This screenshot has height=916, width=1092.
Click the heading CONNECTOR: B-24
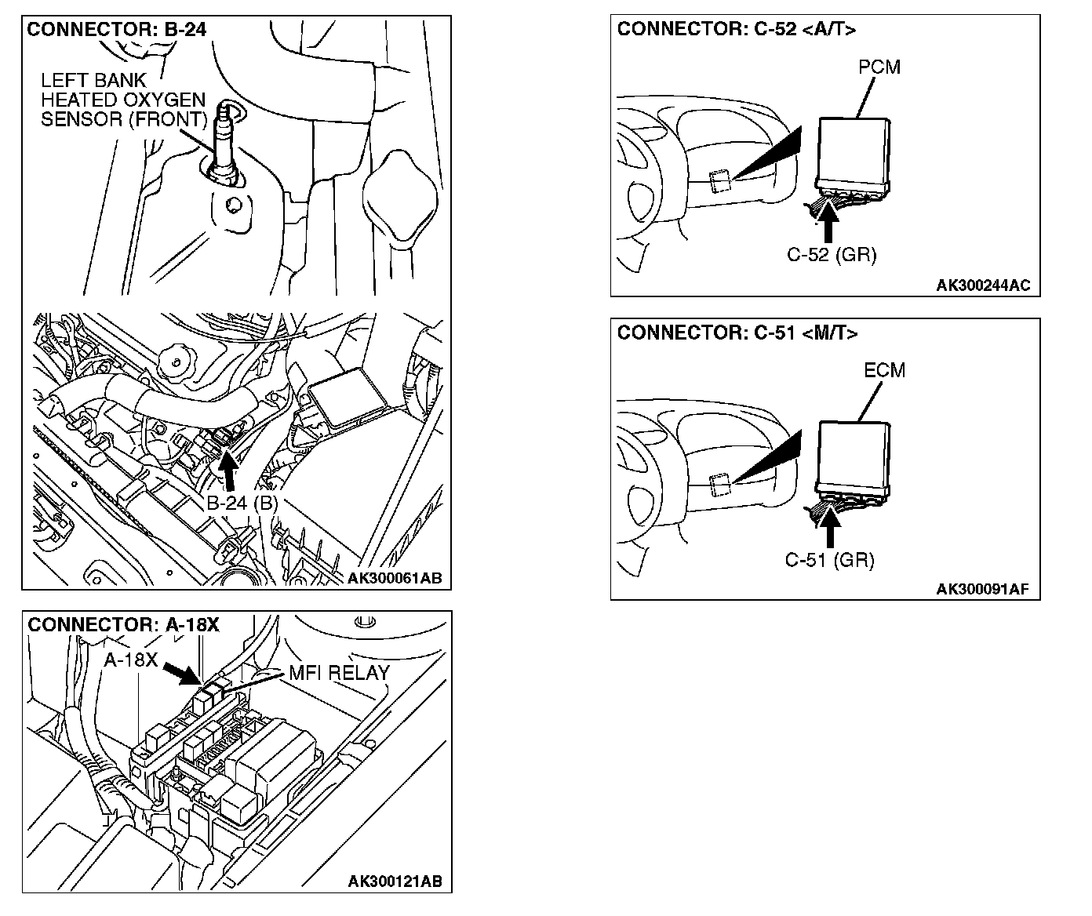click(x=117, y=30)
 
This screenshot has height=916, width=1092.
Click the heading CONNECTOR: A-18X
click(x=123, y=625)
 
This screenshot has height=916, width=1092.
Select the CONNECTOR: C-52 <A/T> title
click(x=737, y=30)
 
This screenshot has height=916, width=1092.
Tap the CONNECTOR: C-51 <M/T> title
click(x=737, y=333)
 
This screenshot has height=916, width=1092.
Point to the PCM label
click(x=879, y=67)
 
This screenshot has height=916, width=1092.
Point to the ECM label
click(x=884, y=370)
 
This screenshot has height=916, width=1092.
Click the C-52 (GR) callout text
click(x=832, y=255)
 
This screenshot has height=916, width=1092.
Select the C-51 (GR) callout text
click(x=829, y=560)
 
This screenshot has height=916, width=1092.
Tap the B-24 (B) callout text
click(x=242, y=503)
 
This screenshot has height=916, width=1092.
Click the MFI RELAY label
click(x=339, y=673)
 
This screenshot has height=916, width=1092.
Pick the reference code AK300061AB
click(x=395, y=579)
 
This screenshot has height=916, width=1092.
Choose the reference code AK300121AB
click(x=395, y=881)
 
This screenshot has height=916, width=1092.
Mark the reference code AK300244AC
click(x=983, y=285)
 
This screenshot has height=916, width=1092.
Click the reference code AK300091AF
click(x=983, y=590)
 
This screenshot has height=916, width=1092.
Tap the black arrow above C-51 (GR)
click(x=830, y=528)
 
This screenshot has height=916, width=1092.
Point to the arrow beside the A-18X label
click(x=182, y=673)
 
